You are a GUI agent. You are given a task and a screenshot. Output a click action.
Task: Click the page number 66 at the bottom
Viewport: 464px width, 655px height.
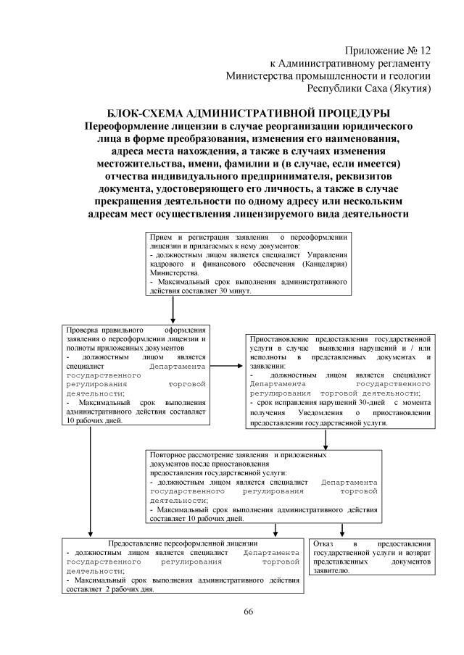coord(248,612)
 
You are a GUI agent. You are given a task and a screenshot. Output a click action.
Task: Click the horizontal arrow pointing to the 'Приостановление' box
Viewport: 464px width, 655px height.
coord(227,365)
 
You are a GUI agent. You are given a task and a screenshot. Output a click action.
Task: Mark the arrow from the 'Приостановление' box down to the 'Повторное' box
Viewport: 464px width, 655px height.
coord(326,437)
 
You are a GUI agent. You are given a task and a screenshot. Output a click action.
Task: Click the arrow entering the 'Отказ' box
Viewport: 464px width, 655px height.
coord(341,530)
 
